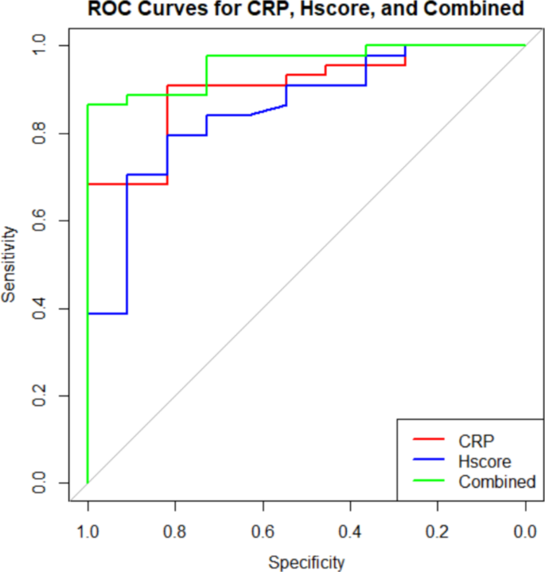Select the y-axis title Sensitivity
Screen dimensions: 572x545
pyautogui.click(x=10, y=264)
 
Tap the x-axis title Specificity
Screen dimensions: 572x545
pyautogui.click(x=306, y=562)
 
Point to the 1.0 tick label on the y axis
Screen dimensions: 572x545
pyautogui.click(x=40, y=45)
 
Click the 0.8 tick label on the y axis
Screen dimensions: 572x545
pyautogui.click(x=40, y=133)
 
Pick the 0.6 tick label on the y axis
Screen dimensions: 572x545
pyautogui.click(x=40, y=220)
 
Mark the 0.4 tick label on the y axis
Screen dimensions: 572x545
pyautogui.click(x=40, y=308)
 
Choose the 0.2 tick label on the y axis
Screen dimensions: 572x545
pyautogui.click(x=40, y=395)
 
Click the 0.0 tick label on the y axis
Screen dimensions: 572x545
pyautogui.click(x=40, y=483)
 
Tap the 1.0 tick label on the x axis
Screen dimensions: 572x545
pyautogui.click(x=88, y=531)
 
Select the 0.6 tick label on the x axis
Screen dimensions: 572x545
pyautogui.click(x=263, y=531)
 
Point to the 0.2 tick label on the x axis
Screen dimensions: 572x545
pyautogui.click(x=438, y=531)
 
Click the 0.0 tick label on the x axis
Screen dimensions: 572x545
pyautogui.click(x=525, y=531)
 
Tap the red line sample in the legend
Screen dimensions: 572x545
pyautogui.click(x=430, y=439)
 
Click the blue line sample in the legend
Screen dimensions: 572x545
pyautogui.click(x=430, y=461)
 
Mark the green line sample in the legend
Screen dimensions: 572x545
pyautogui.click(x=430, y=482)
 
